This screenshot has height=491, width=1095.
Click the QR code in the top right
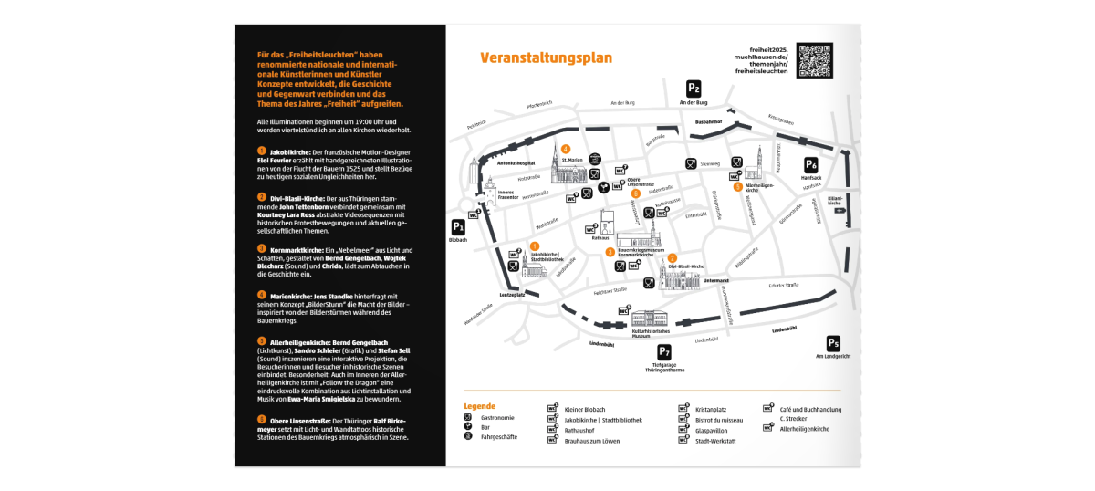[814, 59]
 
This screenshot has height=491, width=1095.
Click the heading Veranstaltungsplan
[546, 58]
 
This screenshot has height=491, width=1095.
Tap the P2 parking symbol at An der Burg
[693, 89]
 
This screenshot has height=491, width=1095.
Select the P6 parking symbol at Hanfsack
[810, 164]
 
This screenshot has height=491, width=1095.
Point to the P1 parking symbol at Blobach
[458, 228]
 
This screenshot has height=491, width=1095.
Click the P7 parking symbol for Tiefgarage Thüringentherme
[664, 353]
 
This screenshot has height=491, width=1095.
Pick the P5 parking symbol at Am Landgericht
[832, 343]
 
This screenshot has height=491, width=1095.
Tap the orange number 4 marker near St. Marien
[566, 149]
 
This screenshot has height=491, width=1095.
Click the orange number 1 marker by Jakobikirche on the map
[535, 245]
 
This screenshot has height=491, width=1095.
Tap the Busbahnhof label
[708, 121]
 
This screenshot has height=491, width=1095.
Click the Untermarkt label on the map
[716, 280]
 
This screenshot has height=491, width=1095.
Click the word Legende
[479, 405]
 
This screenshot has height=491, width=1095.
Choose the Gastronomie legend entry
[497, 417]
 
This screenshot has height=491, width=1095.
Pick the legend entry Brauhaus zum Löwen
[592, 440]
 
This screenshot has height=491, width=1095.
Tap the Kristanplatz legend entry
[710, 410]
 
